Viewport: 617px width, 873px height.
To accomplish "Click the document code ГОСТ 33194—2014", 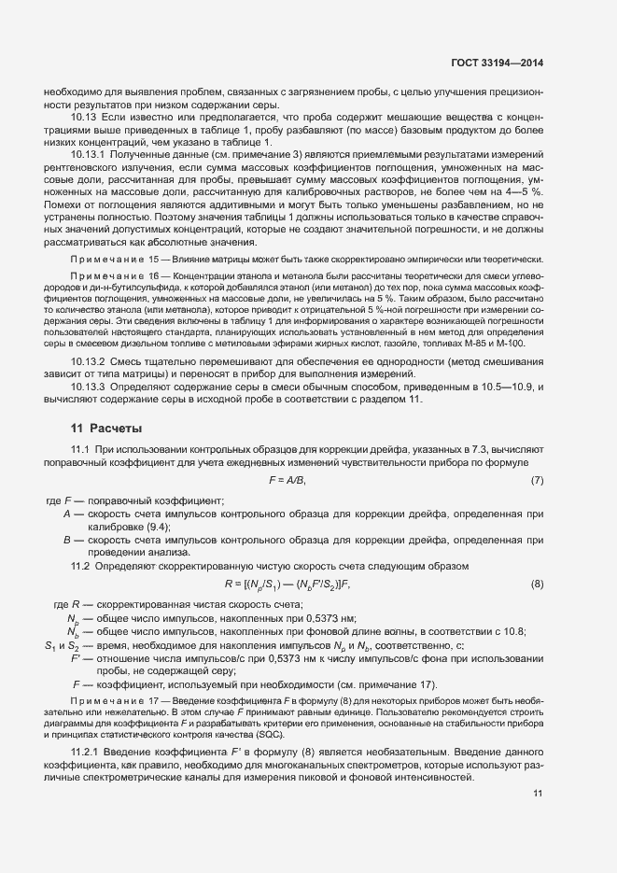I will [x=490, y=63].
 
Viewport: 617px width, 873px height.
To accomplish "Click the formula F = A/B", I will [x=287, y=480].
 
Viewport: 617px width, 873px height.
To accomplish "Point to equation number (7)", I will [x=537, y=480].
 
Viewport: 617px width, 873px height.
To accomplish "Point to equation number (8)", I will [x=537, y=584].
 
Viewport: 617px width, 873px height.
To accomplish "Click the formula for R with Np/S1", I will [x=287, y=584].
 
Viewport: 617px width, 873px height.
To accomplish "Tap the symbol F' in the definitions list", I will [x=79, y=658].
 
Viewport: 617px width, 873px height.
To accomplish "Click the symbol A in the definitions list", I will [x=67, y=514].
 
